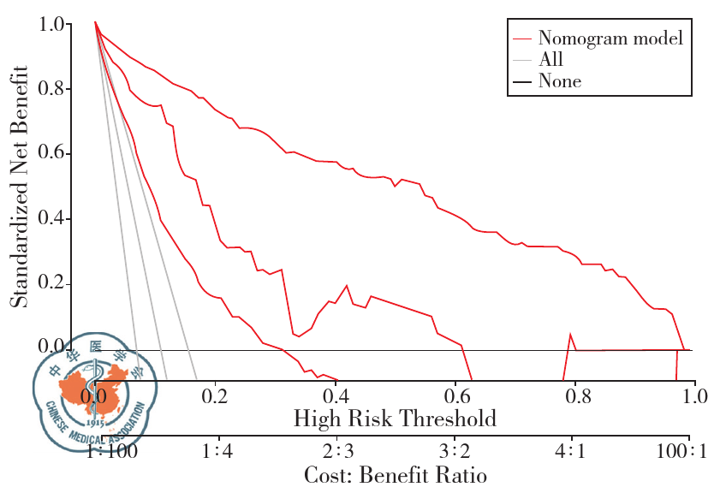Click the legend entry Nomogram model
610,39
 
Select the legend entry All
550,60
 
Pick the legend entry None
559,82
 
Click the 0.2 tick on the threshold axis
216,396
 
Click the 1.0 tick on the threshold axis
695,396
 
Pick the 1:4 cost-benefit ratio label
216,452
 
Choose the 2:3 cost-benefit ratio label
336,452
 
